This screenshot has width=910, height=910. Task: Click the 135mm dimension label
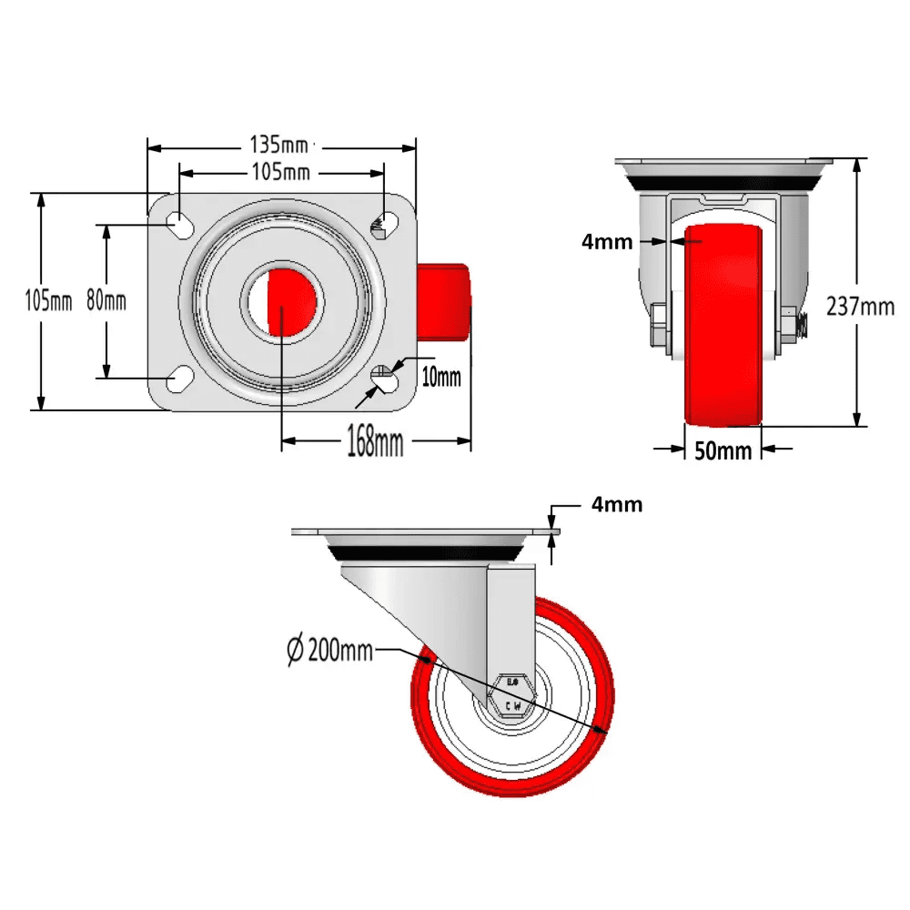point(278,145)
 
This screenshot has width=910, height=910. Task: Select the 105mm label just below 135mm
point(280,172)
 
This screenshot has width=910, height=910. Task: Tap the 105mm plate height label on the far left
point(48,301)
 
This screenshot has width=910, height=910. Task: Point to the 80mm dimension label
point(106,301)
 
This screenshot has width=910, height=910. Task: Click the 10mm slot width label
point(441,376)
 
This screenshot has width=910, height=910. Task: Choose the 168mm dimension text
point(375,442)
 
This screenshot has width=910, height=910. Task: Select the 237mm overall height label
point(860,307)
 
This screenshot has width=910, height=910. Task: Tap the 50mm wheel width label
point(723,450)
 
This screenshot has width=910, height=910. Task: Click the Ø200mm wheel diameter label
point(329,651)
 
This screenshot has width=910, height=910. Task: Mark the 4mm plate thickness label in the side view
point(616,504)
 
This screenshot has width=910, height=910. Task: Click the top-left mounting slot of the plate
point(178,222)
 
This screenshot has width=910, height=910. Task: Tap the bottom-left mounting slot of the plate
point(178,379)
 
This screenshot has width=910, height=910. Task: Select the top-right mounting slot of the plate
point(387,222)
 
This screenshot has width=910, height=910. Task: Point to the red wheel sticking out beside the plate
point(444,301)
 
